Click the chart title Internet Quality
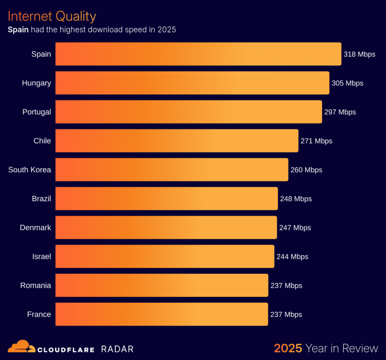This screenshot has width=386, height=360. coord(52,16)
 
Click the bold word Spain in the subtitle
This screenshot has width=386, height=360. coord(18,30)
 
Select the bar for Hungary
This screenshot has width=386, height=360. coord(192,83)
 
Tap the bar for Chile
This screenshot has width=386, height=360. coord(177,141)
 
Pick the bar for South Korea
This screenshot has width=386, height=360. coord(172,170)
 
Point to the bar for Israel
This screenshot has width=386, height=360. coord(165,256)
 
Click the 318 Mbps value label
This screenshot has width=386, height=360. coord(359,54)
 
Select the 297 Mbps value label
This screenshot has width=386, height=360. coord(340,112)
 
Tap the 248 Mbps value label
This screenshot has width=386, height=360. coord(296,199)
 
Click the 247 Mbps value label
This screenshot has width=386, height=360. coord(295,228)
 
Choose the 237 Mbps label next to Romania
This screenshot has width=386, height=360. coord(286,286)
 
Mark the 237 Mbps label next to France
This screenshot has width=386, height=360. coord(286,315)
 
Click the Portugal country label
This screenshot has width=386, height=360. coord(37,112)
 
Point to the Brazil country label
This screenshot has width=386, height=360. coord(41,199)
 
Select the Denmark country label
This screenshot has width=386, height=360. coord(35,228)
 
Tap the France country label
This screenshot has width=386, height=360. coord(39,315)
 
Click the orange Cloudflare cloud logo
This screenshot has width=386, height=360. coord(21,346)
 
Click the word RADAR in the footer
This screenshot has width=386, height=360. coord(117,349)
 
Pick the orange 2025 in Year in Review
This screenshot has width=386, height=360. coord(288,348)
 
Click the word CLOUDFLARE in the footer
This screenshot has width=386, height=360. coord(66,349)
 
